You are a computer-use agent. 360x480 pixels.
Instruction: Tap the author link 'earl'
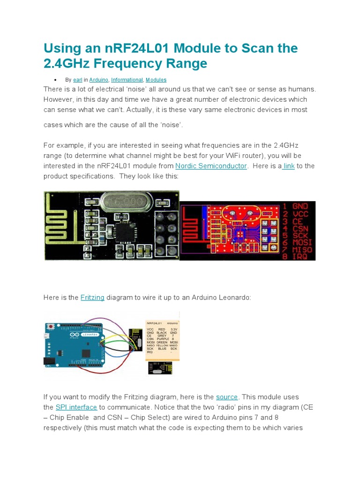(77, 80)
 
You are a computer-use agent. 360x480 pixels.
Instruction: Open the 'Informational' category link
(126, 80)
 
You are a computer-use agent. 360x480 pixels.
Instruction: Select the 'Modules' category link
(156, 80)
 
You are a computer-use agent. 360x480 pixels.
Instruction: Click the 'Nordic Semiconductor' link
(211, 166)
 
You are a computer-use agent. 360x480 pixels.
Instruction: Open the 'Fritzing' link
(92, 298)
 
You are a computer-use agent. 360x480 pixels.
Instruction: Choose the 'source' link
(227, 397)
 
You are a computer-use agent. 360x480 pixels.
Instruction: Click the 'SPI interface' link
(76, 407)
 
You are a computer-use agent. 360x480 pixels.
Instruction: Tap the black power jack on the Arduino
(48, 361)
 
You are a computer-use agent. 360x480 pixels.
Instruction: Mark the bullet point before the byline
(56, 80)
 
